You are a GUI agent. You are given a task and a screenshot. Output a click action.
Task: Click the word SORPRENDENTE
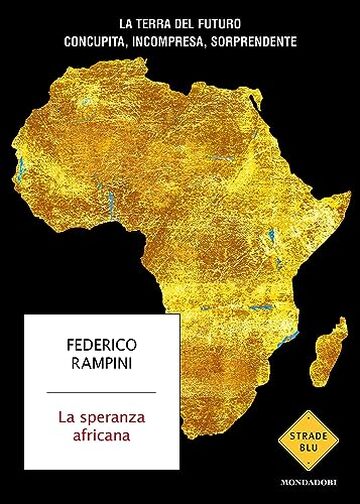(x=275, y=43)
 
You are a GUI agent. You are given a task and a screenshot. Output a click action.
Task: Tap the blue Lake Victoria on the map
(x=261, y=241)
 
